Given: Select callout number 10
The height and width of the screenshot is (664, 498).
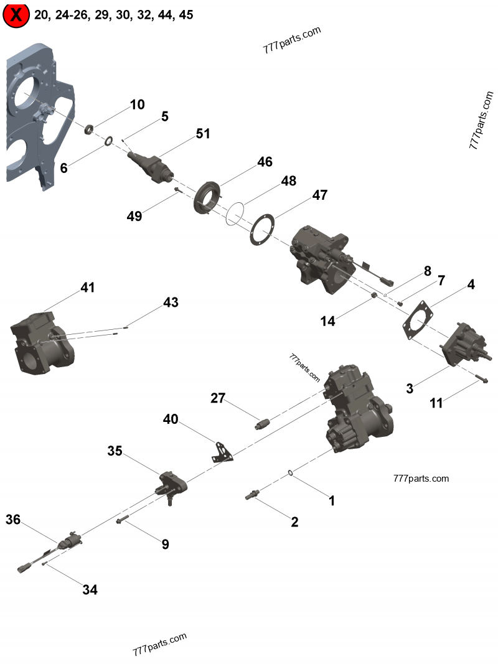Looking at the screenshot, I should click(137, 105).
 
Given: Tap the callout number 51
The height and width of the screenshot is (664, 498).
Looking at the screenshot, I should click(203, 134).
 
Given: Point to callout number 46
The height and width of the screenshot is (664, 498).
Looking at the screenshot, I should click(265, 162).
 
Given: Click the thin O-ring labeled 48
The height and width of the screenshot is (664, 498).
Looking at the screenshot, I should click(235, 212).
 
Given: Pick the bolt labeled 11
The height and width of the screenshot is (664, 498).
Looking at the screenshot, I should click(485, 380).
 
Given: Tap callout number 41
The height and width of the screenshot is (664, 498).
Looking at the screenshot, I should click(87, 288).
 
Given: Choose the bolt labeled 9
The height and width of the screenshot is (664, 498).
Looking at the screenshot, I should click(123, 520).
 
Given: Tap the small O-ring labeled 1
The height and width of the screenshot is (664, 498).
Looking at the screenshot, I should click(291, 474).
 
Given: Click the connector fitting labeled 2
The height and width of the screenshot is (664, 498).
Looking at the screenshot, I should click(253, 495).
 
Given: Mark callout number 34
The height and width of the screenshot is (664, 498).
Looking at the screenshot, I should click(90, 590).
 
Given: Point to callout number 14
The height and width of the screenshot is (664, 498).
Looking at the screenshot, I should click(327, 320).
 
